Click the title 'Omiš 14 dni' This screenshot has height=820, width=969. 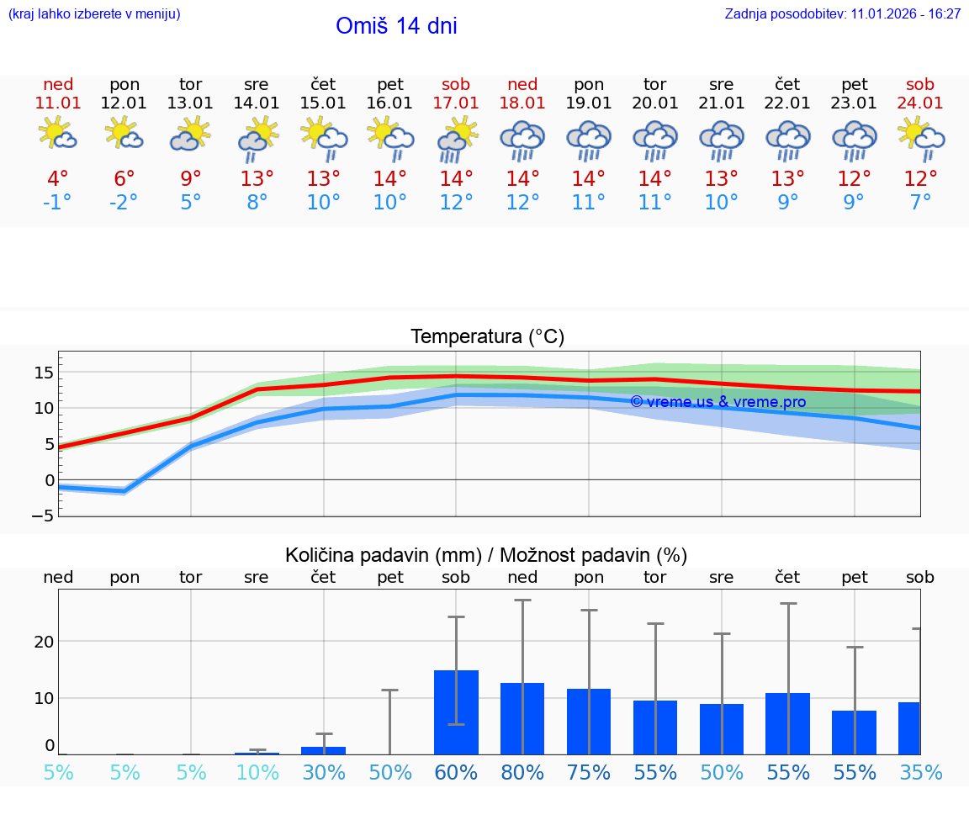click(396, 26)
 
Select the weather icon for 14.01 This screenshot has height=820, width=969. click(257, 138)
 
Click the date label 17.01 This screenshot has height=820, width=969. click(456, 103)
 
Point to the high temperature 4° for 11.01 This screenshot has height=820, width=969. click(58, 179)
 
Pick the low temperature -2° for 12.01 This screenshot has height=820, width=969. click(124, 203)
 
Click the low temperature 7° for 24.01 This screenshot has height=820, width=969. click(920, 203)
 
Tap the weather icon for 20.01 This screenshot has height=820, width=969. click(655, 140)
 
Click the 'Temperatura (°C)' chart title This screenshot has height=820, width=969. click(487, 337)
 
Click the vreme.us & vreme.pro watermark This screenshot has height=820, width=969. click(717, 402)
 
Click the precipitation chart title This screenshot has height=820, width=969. click(486, 555)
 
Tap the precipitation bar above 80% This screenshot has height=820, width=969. click(522, 718)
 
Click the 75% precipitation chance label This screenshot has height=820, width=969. click(589, 773)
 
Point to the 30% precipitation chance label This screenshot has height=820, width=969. click(324, 773)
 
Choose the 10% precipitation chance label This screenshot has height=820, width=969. click(257, 773)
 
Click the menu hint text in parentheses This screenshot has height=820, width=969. click(94, 14)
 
